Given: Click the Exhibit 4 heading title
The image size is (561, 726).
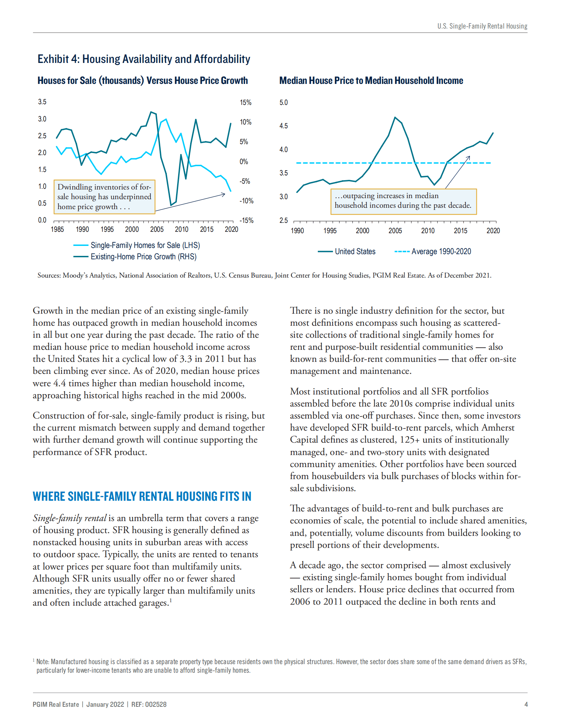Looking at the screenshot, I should click(x=144, y=59).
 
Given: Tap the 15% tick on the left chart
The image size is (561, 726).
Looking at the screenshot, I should click(x=245, y=102).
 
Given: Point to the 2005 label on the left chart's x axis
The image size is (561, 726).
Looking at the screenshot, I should click(x=157, y=229).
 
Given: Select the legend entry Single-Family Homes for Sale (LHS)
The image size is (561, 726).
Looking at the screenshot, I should click(x=145, y=245).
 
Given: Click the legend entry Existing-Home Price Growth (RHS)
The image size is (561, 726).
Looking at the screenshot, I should click(x=143, y=257).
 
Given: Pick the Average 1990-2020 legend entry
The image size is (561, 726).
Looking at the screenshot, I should click(x=441, y=251).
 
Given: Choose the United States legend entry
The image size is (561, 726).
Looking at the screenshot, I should click(x=355, y=251).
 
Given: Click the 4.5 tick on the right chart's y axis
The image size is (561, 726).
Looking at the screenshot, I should click(x=283, y=126).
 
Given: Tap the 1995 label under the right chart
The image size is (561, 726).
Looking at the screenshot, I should click(x=330, y=231).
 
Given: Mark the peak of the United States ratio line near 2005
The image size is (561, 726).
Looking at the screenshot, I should click(x=395, y=117).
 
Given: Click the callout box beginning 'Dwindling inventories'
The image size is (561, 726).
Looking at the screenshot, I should click(x=104, y=197).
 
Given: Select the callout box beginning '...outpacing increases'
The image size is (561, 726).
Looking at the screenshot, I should click(x=403, y=201).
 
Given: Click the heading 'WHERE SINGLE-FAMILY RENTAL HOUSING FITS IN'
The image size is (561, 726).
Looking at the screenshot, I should click(x=142, y=496).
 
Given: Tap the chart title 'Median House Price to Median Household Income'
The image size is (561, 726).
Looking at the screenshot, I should click(x=371, y=80).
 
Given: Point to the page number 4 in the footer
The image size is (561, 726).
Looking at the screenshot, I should click(x=526, y=704).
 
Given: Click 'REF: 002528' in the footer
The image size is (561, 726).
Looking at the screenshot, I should click(x=149, y=704).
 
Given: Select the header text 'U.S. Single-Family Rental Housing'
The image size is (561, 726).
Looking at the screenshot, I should click(x=482, y=26).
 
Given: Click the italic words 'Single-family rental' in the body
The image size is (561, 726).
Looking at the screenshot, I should click(x=69, y=518).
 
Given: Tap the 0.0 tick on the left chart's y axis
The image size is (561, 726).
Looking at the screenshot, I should click(x=42, y=220).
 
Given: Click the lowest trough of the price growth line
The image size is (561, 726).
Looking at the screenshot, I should click(x=171, y=205).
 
